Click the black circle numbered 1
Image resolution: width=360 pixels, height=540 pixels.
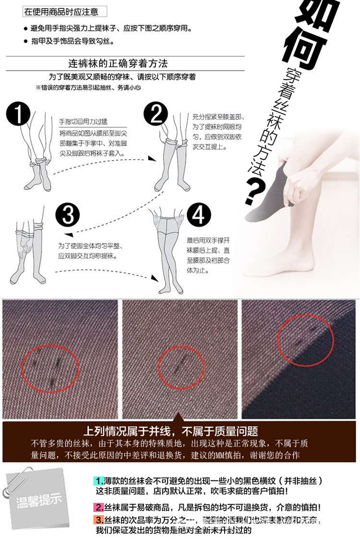click(x=18, y=114)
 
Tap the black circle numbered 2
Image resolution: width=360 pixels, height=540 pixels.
click(x=156, y=114)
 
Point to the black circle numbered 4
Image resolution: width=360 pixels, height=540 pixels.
click(x=198, y=215)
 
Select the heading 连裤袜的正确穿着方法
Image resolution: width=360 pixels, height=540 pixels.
click(x=118, y=64)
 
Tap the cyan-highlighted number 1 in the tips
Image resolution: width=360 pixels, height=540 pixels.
click(x=99, y=480)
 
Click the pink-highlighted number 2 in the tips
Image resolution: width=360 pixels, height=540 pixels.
click(x=99, y=507)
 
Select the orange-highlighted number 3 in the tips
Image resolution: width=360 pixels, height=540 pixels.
click(x=99, y=520)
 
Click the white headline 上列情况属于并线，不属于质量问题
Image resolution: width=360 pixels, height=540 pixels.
click(x=171, y=430)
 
